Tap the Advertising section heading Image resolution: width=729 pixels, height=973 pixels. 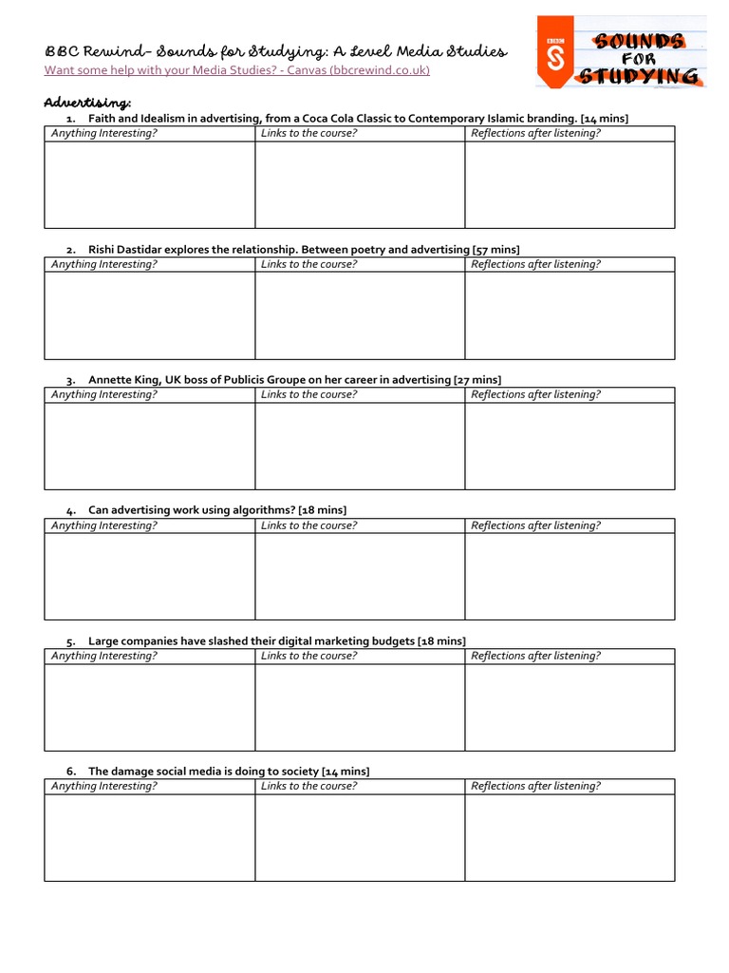click(x=87, y=102)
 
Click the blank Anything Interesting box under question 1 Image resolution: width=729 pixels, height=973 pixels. click(x=149, y=184)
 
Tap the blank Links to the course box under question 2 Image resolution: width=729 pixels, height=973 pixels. click(x=360, y=315)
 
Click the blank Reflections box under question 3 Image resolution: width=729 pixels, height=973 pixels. click(x=570, y=446)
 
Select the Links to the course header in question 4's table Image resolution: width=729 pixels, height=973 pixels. click(x=309, y=525)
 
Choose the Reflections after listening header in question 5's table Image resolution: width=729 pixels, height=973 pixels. click(x=535, y=656)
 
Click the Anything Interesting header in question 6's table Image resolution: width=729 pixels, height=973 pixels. click(x=104, y=786)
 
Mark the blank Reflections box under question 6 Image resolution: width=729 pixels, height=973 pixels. click(x=570, y=837)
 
